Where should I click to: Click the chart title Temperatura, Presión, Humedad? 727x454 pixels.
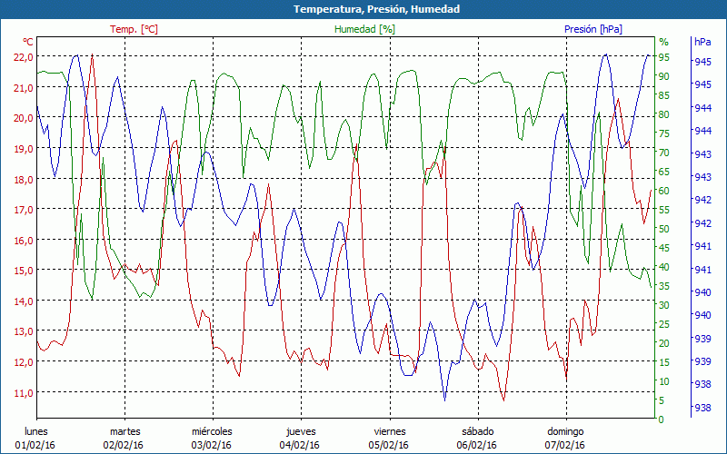click(x=363, y=9)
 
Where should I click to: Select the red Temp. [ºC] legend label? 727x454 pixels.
click(x=134, y=29)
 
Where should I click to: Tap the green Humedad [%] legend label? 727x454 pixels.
click(x=364, y=29)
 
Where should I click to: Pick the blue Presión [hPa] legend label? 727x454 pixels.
click(x=593, y=29)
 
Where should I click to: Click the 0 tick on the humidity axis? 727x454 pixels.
click(x=662, y=419)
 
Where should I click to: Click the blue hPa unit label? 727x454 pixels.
click(x=702, y=42)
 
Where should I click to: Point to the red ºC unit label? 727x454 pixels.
click(x=28, y=42)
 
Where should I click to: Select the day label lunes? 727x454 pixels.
click(x=36, y=431)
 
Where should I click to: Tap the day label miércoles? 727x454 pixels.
click(x=212, y=431)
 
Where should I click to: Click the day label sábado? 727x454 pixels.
click(x=477, y=431)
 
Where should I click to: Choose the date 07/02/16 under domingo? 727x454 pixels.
click(x=565, y=445)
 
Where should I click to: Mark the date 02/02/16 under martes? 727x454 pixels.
click(x=124, y=445)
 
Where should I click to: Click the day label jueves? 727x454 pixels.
click(x=301, y=431)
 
